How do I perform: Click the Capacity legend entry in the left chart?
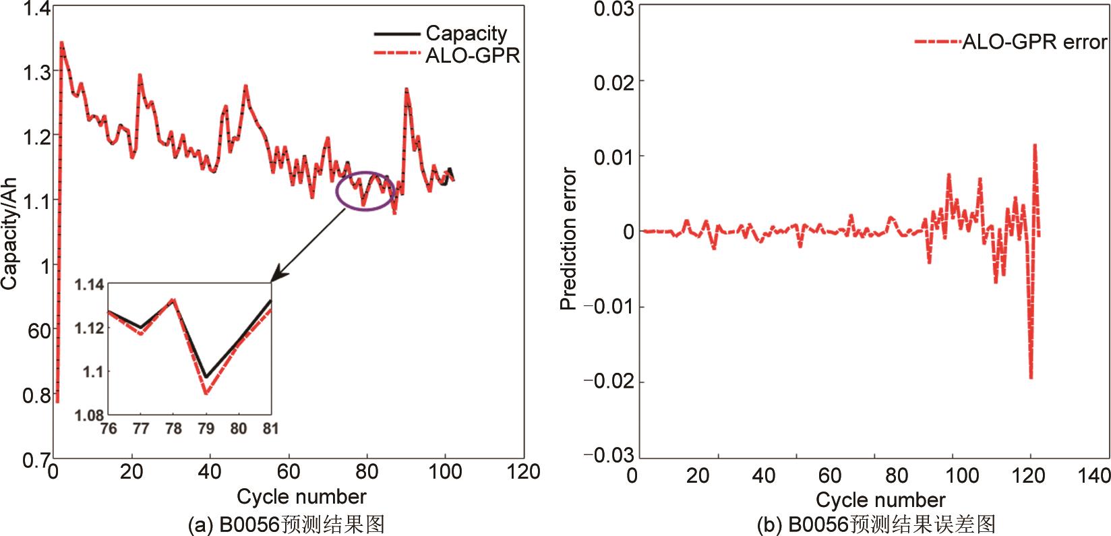pyautogui.click(x=466, y=33)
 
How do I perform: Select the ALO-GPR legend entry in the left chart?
pyautogui.click(x=473, y=55)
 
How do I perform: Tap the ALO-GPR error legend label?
pyautogui.click(x=1033, y=42)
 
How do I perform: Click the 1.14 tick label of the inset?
pyautogui.click(x=90, y=285)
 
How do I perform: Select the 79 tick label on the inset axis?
pyautogui.click(x=206, y=429)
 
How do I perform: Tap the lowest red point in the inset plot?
pyautogui.click(x=206, y=393)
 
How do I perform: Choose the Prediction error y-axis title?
pyautogui.click(x=568, y=239)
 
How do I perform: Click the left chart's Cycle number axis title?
pyautogui.click(x=301, y=497)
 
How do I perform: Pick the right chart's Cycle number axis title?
pyautogui.click(x=880, y=500)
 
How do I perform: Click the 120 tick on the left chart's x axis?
pyautogui.click(x=522, y=472)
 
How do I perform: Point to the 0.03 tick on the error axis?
pyautogui.click(x=613, y=9)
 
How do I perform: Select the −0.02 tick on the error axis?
pyautogui.click(x=609, y=382)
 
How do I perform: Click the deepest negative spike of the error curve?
pyautogui.click(x=1031, y=378)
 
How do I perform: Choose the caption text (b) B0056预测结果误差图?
pyautogui.click(x=876, y=525)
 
